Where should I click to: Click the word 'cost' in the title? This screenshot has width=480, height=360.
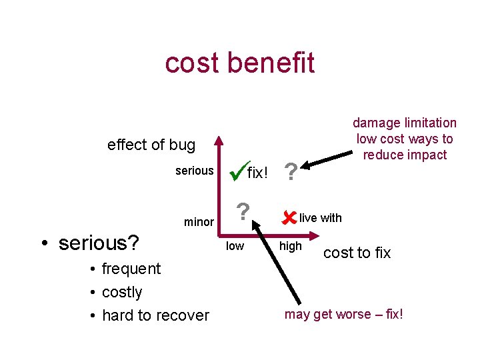pyautogui.click(x=193, y=63)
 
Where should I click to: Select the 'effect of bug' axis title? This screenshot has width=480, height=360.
pyautogui.click(x=151, y=145)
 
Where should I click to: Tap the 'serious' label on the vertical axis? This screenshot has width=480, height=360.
pyautogui.click(x=194, y=171)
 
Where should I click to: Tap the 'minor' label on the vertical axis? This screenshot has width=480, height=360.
pyautogui.click(x=199, y=222)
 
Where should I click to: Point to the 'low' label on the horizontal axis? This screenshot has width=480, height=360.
pyautogui.click(x=235, y=247)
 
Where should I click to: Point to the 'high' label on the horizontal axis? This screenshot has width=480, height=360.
pyautogui.click(x=290, y=247)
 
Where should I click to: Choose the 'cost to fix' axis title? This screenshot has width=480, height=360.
pyautogui.click(x=357, y=253)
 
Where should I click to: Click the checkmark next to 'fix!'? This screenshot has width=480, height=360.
pyautogui.click(x=237, y=170)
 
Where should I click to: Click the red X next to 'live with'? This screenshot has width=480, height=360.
pyautogui.click(x=289, y=217)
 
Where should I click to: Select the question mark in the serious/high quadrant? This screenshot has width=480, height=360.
pyautogui.click(x=290, y=173)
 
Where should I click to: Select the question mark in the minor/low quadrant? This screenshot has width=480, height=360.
pyautogui.click(x=244, y=212)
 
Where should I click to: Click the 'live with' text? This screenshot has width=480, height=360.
pyautogui.click(x=320, y=217)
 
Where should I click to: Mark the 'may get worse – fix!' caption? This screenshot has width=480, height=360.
pyautogui.click(x=343, y=314)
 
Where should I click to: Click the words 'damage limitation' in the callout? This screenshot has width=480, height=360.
pyautogui.click(x=405, y=123)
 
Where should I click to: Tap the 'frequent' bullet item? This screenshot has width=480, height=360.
pyautogui.click(x=131, y=269)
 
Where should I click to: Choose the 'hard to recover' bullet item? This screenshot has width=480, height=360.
pyautogui.click(x=155, y=315)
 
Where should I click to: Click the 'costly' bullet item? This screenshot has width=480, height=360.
pyautogui.click(x=122, y=292)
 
